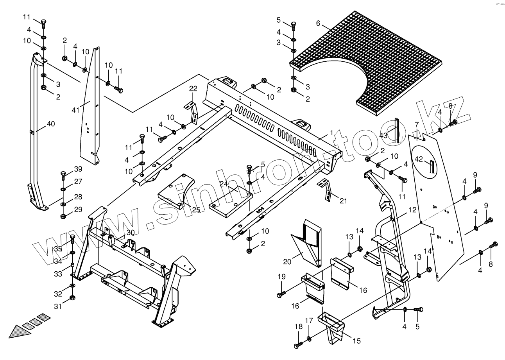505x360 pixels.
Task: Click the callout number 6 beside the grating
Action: [318, 23]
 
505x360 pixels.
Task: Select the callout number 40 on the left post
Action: [51, 124]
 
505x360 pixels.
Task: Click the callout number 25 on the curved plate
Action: [196, 210]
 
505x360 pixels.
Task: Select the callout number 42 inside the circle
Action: [419, 159]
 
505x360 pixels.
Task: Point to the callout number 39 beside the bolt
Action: [78, 169]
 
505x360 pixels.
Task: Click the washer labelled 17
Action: [310, 338]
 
